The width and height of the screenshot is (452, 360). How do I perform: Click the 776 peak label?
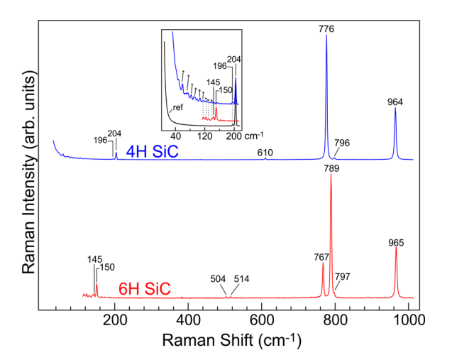(326, 28)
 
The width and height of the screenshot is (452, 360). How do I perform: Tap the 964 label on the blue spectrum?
(395, 102)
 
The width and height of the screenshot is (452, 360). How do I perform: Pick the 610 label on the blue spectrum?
(265, 152)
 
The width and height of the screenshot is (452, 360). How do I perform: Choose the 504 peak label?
(220, 279)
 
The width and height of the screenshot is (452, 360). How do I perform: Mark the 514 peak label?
(241, 279)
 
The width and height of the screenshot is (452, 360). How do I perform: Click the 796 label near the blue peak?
(342, 143)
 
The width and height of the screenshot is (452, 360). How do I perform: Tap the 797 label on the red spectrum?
(343, 276)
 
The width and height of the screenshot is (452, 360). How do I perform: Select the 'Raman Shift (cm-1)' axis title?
(232, 340)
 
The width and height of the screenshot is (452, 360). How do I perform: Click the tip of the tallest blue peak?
(326, 36)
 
